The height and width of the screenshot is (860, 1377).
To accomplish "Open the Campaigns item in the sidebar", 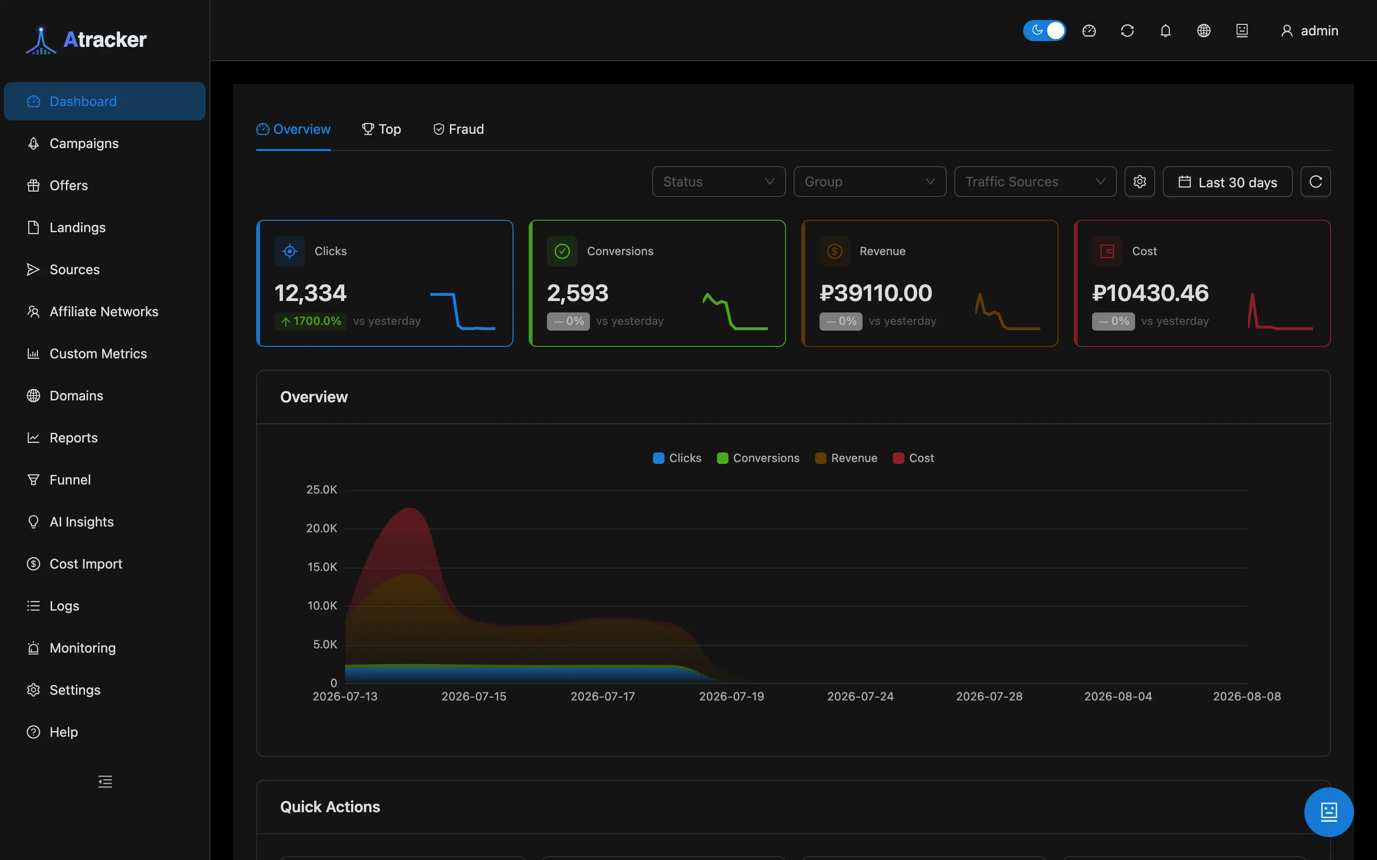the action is [84, 143].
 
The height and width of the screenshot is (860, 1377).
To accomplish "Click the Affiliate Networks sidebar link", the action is [104, 312].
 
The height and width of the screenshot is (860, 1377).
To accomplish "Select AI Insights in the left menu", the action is [81, 522].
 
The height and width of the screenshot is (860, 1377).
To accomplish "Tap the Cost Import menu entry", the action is [86, 564].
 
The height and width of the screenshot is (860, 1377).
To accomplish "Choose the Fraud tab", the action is [459, 129].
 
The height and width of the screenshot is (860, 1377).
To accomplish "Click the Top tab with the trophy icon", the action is [381, 129].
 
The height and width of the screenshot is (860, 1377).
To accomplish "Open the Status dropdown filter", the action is [719, 182].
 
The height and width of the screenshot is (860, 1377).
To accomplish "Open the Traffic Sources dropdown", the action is [1035, 182].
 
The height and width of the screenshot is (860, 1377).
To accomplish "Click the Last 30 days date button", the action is [1227, 182].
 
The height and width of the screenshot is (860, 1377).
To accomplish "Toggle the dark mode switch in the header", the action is [1044, 31].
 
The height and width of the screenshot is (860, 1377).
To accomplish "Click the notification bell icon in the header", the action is [1165, 31].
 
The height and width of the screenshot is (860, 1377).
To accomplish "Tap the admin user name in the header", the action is [1319, 31].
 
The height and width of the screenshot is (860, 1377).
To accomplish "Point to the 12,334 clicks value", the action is [310, 293].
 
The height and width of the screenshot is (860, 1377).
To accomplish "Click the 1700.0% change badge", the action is [311, 322].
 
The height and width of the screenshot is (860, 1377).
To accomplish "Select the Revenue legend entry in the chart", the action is [846, 458].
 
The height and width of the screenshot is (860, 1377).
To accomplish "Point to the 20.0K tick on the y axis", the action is [321, 528].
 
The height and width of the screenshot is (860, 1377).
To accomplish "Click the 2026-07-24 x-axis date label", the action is [860, 696].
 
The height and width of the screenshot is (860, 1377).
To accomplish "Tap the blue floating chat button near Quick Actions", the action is [1329, 812].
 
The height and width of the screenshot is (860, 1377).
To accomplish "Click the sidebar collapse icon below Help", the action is [105, 782].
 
